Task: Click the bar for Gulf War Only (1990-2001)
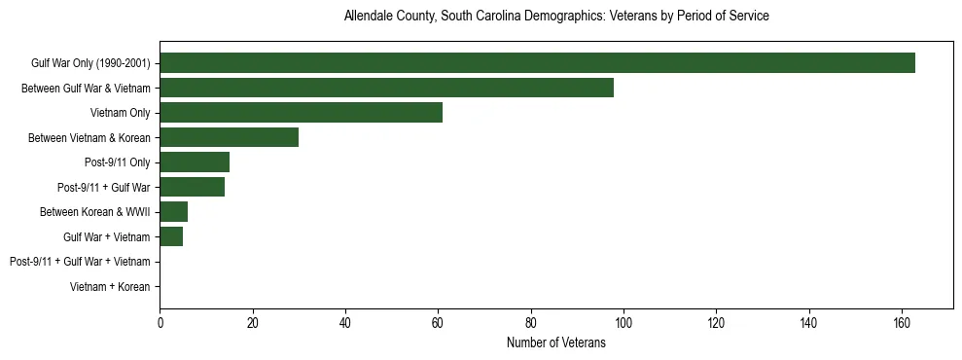[x=537, y=63]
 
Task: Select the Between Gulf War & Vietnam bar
[x=386, y=88]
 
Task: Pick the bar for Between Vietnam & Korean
[x=229, y=137]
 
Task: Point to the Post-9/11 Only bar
[x=195, y=162]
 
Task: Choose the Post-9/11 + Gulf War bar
[x=192, y=187]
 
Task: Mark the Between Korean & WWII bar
[x=173, y=212]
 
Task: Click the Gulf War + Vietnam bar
[x=171, y=236]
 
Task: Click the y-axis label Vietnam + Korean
[x=110, y=287]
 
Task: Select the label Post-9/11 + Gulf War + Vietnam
[x=80, y=262]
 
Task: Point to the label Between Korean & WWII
[x=94, y=212]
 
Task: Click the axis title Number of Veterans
[x=556, y=342]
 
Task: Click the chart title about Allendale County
[x=556, y=17]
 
